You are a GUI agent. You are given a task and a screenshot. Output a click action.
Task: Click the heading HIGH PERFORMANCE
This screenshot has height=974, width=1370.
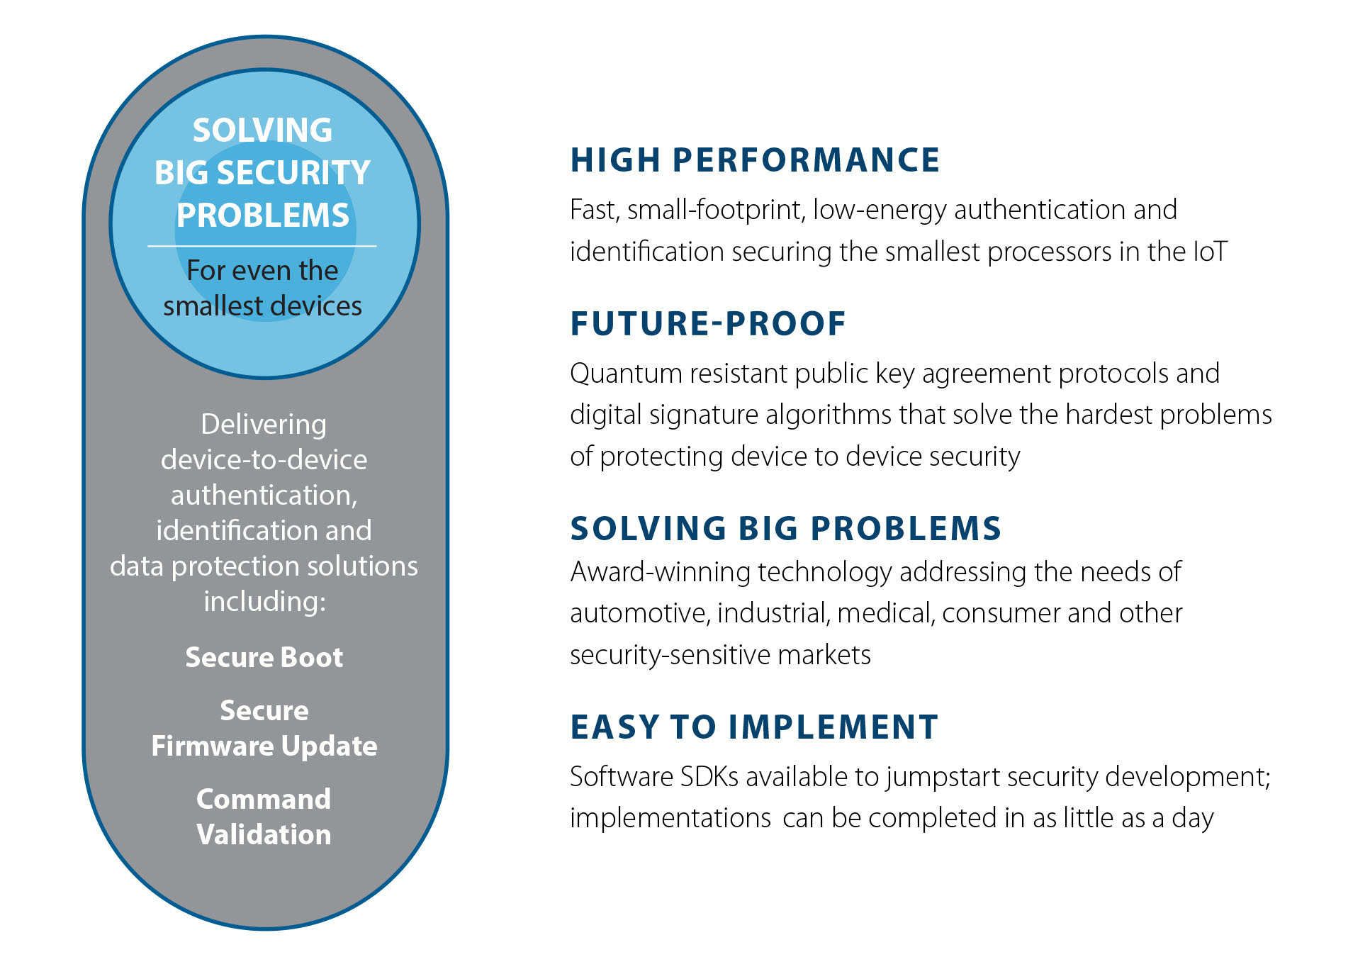click(x=755, y=160)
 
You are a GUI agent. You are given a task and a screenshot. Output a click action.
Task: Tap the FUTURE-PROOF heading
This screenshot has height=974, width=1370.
click(x=708, y=324)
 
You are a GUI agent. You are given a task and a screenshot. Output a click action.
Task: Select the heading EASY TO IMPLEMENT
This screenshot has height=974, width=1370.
click(x=754, y=727)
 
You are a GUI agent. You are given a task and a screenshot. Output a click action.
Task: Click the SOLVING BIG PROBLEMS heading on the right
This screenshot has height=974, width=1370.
click(x=786, y=529)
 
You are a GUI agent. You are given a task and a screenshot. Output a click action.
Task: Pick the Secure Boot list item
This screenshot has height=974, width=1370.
click(x=264, y=657)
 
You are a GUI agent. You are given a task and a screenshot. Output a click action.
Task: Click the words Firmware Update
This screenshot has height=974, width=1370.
click(x=264, y=746)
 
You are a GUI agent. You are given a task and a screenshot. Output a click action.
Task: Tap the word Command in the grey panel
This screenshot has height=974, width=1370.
click(x=264, y=799)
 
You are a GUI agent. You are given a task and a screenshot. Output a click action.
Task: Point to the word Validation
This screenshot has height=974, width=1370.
click(x=264, y=834)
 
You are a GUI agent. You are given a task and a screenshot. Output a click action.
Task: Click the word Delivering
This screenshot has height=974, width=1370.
click(x=264, y=425)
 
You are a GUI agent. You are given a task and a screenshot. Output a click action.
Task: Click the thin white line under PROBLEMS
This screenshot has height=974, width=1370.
click(x=262, y=246)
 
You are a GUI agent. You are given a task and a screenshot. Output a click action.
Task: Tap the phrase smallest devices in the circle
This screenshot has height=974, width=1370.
click(x=262, y=306)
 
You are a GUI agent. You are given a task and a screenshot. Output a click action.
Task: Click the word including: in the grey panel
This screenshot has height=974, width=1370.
click(x=264, y=603)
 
